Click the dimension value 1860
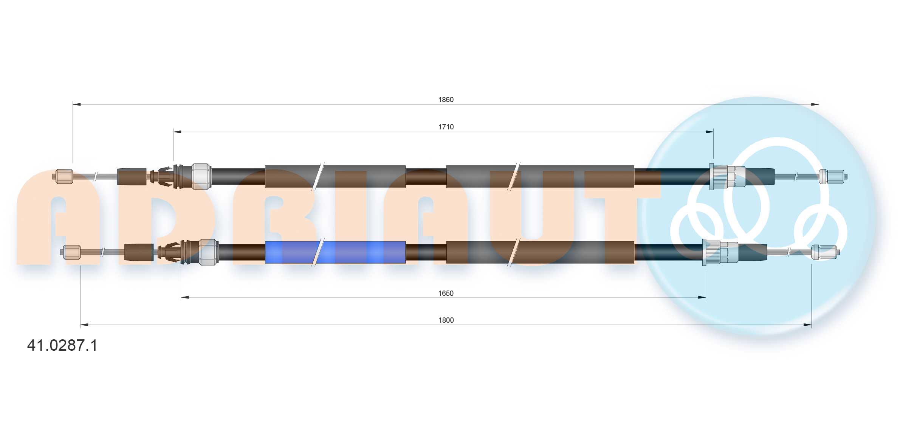pyautogui.click(x=446, y=99)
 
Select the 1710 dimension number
pyautogui.click(x=446, y=127)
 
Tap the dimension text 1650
pyautogui.click(x=446, y=293)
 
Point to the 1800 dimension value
pyautogui.click(x=446, y=320)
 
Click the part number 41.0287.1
pyautogui.click(x=62, y=345)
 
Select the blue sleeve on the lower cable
pyautogui.click(x=335, y=252)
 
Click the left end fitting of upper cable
pyautogui.click(x=64, y=177)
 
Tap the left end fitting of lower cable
pyautogui.click(x=71, y=252)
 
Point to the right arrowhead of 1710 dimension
pyautogui.click(x=709, y=132)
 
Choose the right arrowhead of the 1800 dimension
pyautogui.click(x=807, y=325)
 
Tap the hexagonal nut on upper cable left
pyautogui.click(x=201, y=176)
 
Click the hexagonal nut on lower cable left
pyautogui.click(x=209, y=252)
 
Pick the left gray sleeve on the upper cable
pyautogui.click(x=335, y=177)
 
